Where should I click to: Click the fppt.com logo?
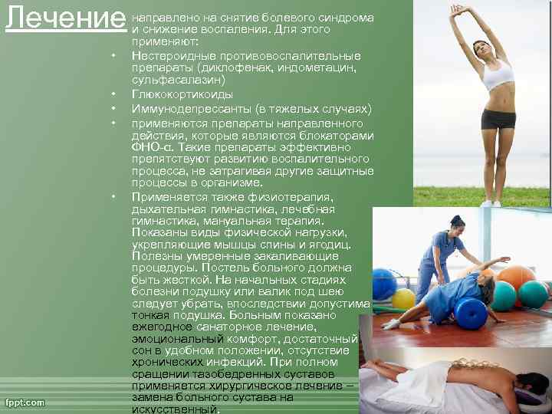pyautogui.click(x=25, y=402)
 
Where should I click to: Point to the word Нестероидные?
pyautogui.click(x=171, y=56)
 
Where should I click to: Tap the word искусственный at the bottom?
pyautogui.click(x=175, y=409)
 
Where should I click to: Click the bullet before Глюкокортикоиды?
pyautogui.click(x=113, y=94)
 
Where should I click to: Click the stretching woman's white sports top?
pyautogui.click(x=496, y=74)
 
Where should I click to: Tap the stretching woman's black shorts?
pyautogui.click(x=498, y=119)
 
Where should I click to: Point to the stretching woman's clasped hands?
pyautogui.click(x=458, y=9)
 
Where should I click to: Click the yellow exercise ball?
pyautogui.click(x=403, y=299)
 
